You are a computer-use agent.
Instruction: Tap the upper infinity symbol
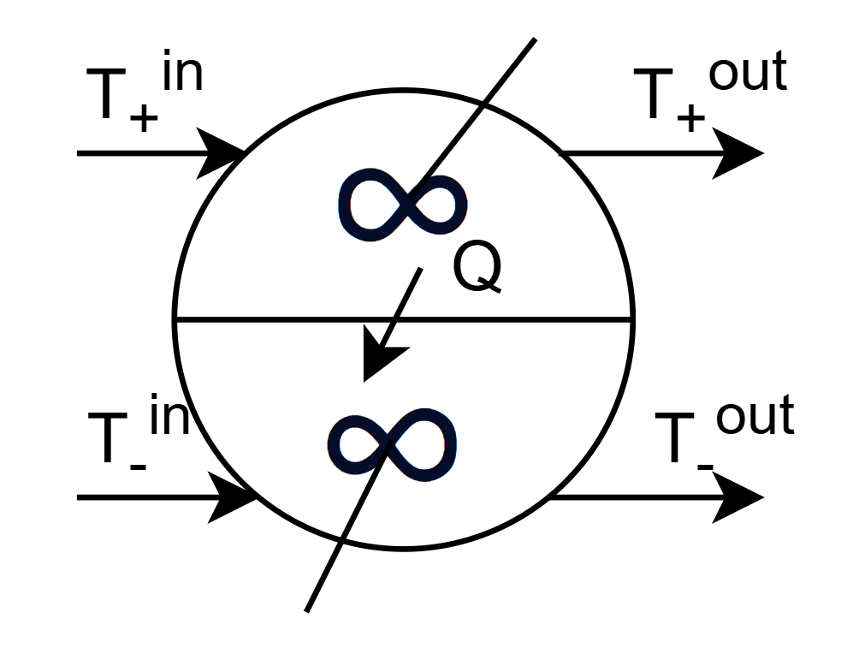402,204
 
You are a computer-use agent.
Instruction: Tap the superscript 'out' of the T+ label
746,74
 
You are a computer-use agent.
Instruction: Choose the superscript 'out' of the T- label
755,418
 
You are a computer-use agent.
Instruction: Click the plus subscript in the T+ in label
144,118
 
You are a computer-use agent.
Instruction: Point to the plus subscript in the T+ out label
690,118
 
